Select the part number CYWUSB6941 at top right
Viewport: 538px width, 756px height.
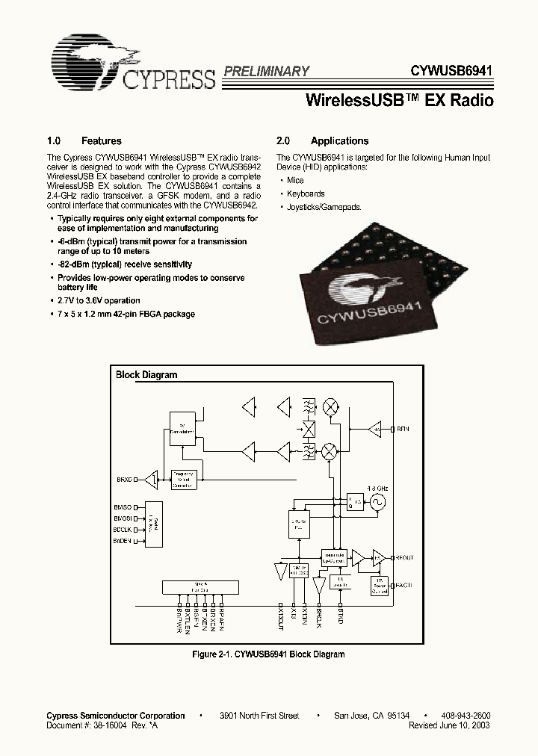click(x=451, y=72)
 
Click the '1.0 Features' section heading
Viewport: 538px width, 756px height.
click(x=84, y=141)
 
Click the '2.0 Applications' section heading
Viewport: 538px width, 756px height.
click(x=322, y=141)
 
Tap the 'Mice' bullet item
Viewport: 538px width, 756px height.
click(x=295, y=181)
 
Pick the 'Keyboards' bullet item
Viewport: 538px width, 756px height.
click(x=306, y=193)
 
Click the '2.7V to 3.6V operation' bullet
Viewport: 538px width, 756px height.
click(x=99, y=301)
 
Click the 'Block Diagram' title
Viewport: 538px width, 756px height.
click(x=146, y=375)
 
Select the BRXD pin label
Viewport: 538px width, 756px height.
click(x=124, y=479)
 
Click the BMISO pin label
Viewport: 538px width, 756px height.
click(x=123, y=506)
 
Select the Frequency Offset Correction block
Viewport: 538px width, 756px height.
click(x=183, y=480)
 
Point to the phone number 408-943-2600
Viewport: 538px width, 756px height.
click(x=466, y=716)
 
